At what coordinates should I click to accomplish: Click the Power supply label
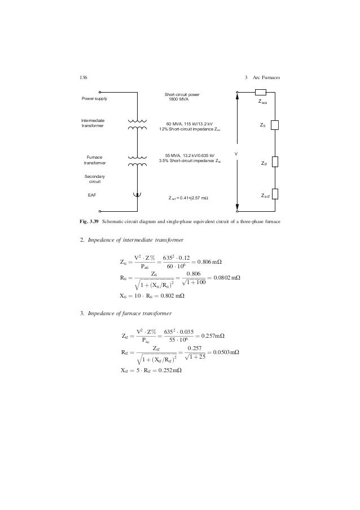(95, 99)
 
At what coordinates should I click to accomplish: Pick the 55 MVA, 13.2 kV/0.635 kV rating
(189, 156)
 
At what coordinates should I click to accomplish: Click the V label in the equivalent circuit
(236, 154)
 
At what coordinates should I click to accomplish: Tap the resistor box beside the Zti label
(275, 125)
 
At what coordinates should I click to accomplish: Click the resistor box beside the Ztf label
(275, 162)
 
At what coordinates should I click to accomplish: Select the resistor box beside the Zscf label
(275, 194)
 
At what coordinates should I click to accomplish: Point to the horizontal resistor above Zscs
(260, 93)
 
